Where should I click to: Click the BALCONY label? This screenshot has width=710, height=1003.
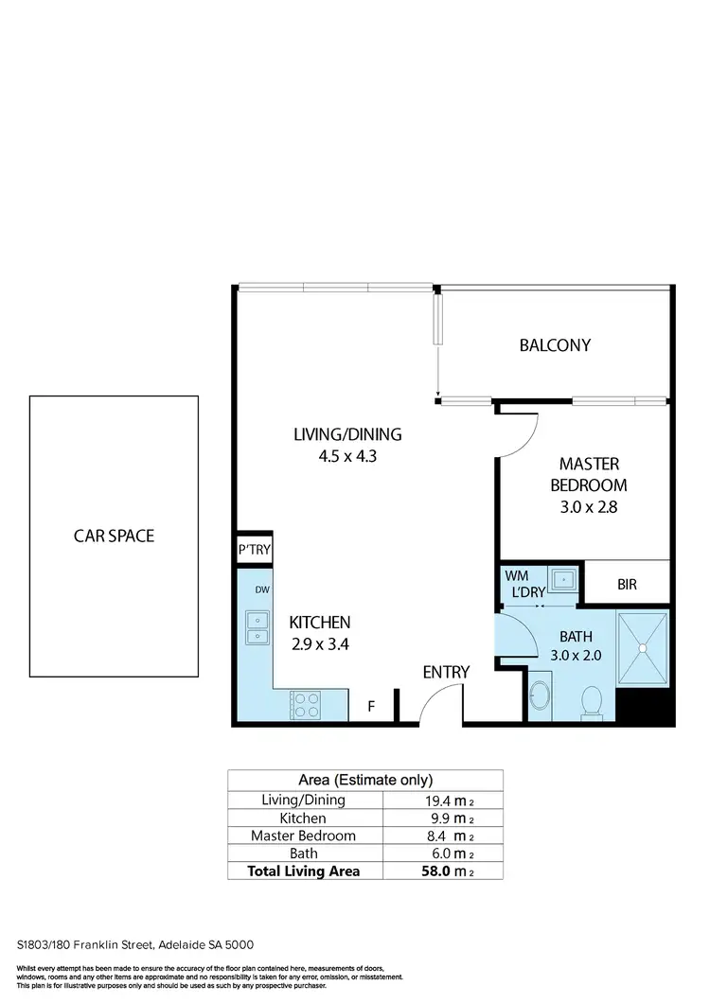pos(555,345)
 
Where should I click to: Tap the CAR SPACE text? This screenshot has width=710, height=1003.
pos(114,536)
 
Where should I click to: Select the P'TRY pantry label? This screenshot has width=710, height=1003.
pos(254,551)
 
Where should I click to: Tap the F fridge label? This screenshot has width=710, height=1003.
pos(372,706)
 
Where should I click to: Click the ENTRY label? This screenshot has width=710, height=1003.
pos(446,672)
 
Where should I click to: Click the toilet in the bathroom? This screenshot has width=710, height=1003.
pos(592,703)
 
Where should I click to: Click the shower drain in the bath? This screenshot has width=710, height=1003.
pos(643,648)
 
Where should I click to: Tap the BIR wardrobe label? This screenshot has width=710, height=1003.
pos(627,585)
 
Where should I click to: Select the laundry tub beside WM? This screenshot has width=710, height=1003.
pos(565,578)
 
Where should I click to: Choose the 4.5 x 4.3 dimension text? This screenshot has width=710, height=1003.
pos(347,456)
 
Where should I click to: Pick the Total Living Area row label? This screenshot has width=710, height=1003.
pos(303,871)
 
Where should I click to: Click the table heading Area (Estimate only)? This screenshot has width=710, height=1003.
pos(365,781)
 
